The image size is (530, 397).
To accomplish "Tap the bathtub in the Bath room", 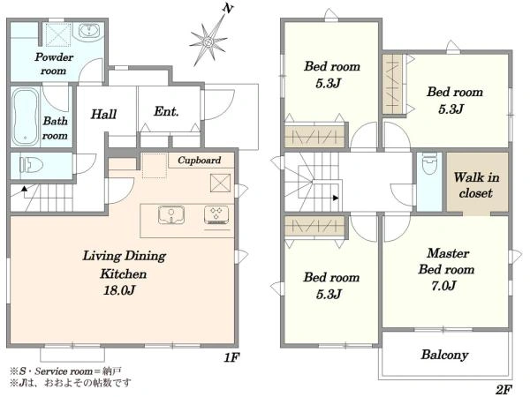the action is tap(25, 116).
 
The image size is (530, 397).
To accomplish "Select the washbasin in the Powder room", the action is tap(89, 31).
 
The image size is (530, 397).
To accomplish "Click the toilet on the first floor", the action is tap(32, 165).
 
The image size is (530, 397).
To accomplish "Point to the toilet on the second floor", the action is tap(429, 164).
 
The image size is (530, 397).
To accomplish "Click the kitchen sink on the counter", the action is tap(171, 215).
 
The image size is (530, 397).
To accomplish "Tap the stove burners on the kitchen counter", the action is tap(216, 215).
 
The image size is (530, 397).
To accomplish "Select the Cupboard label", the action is tap(200, 160).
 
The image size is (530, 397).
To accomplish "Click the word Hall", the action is tap(103, 114).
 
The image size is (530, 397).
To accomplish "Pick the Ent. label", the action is tap(166, 111).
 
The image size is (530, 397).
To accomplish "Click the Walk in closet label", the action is tap(476, 185).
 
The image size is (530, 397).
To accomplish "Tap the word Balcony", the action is tap(444, 355).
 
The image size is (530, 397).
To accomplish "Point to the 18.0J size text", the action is tap(119, 290).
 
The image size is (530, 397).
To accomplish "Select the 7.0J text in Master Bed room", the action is tap(443, 286).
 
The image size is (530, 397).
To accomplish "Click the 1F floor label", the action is tap(231, 357).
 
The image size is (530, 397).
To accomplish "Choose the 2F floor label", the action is tap(504, 390).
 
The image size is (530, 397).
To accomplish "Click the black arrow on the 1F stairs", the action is tap(25, 189).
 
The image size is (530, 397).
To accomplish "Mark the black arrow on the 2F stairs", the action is tap(336, 198).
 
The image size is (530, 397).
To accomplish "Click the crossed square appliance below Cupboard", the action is tap(220, 183).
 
